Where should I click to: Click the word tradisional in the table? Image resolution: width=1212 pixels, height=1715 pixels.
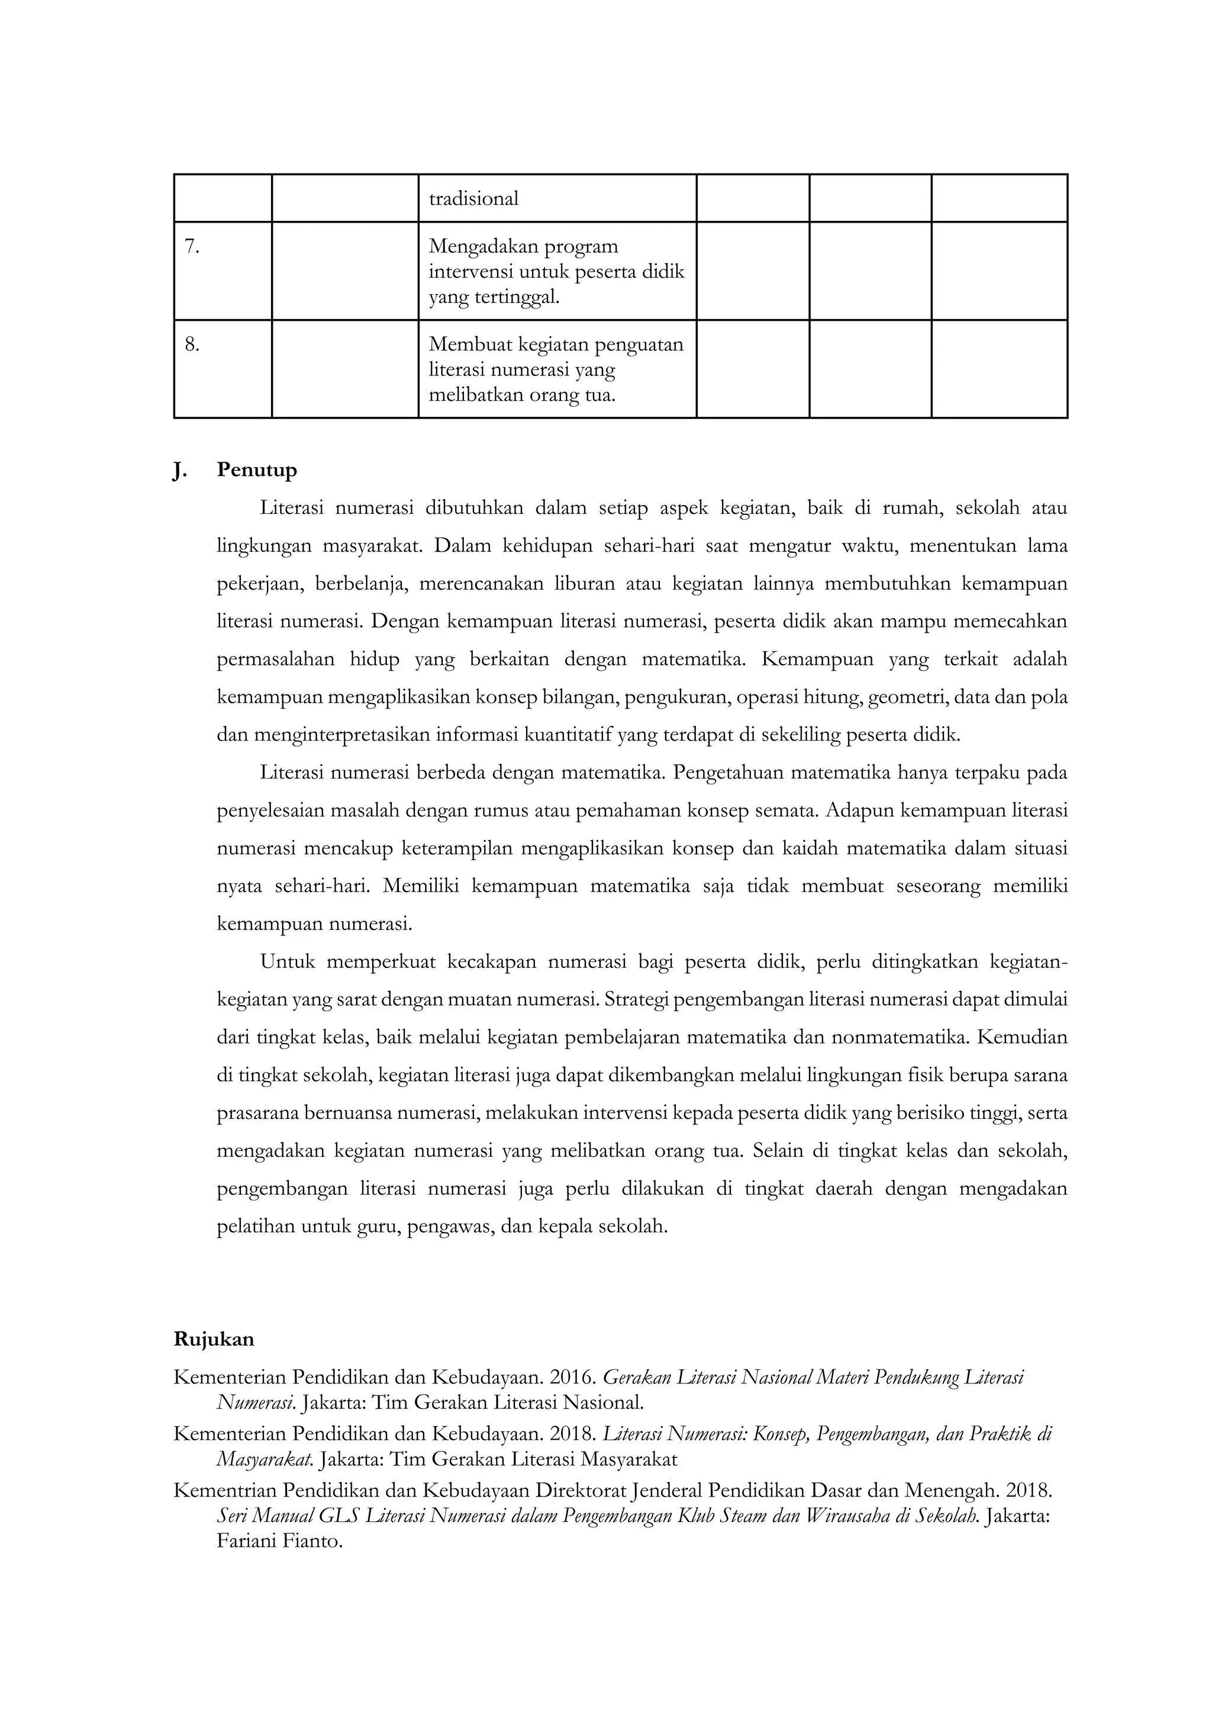[x=473, y=199]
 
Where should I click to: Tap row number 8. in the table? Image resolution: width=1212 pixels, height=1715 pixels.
[x=192, y=345]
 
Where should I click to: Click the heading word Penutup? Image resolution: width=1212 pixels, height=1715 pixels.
[x=257, y=470]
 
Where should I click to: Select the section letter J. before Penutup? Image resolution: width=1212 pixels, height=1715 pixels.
[x=180, y=470]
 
